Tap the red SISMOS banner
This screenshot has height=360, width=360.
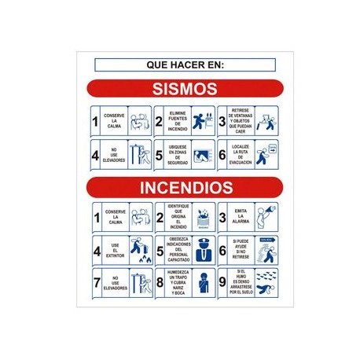click(x=186, y=86)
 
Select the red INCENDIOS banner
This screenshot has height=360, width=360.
click(x=186, y=188)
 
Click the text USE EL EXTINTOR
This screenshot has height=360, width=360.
click(x=115, y=251)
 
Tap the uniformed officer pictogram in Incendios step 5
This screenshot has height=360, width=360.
click(x=202, y=250)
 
